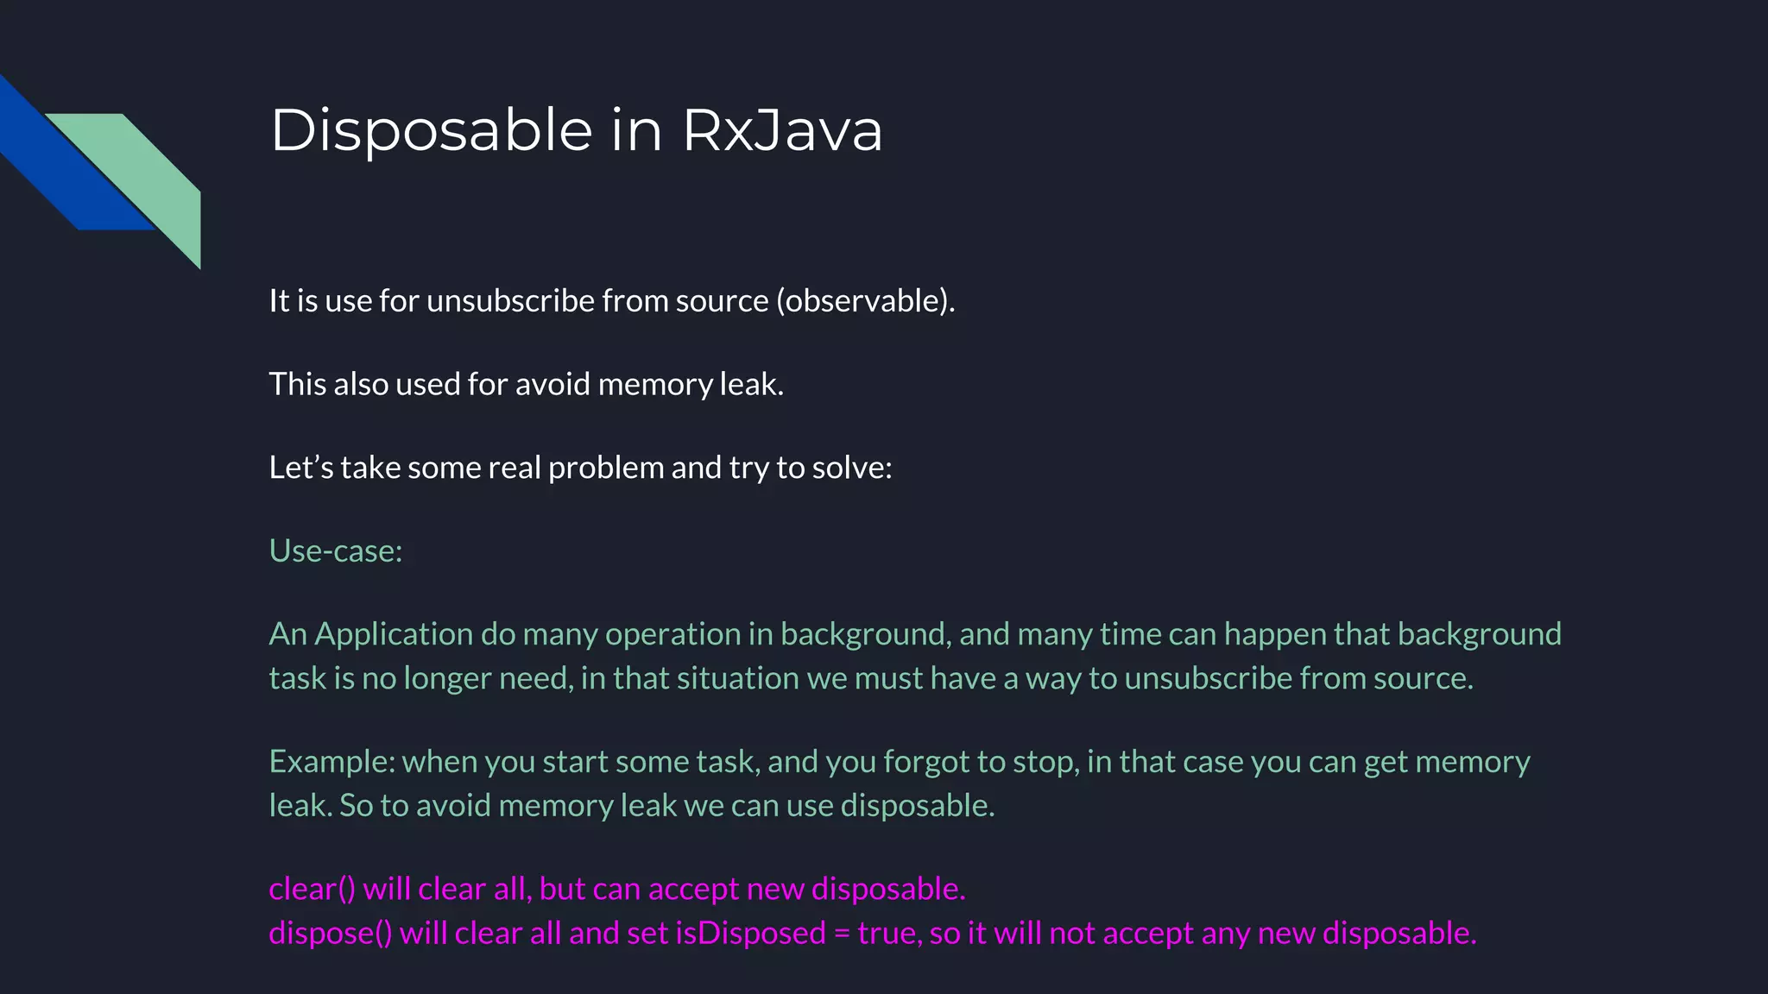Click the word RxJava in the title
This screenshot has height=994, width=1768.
782,131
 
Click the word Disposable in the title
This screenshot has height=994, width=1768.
431,131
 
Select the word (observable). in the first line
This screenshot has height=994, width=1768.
865,301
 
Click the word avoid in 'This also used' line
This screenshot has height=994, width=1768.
552,384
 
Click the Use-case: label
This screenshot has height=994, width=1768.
336,550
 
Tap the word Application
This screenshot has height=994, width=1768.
394,635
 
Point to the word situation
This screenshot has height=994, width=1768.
738,678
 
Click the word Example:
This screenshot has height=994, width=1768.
331,762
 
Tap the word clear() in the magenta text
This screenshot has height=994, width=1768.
312,889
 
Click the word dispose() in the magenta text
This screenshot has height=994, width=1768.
330,934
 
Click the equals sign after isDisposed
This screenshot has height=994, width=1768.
842,934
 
